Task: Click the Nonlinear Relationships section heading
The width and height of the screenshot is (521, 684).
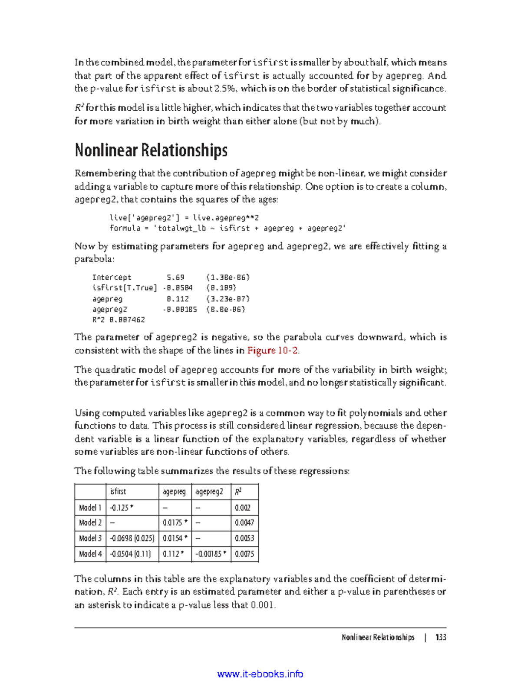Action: tap(151, 150)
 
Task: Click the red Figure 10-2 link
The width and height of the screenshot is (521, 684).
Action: tap(273, 350)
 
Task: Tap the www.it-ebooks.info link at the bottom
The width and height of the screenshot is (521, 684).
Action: tap(260, 674)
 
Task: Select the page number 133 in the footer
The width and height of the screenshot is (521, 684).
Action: tap(441, 637)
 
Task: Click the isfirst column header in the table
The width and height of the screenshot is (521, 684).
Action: tap(118, 492)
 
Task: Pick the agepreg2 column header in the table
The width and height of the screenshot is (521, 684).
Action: tap(209, 492)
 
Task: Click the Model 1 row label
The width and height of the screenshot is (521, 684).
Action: tap(90, 508)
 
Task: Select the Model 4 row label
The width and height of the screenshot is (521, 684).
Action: tap(90, 554)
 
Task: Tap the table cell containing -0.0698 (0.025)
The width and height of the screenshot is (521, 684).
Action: tap(132, 539)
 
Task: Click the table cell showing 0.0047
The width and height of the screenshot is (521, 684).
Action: tap(244, 523)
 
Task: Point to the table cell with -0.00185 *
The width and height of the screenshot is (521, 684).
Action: tap(211, 554)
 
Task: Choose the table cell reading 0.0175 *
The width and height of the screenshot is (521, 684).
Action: tap(175, 523)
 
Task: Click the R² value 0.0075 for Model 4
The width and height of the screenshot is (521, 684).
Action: tap(244, 554)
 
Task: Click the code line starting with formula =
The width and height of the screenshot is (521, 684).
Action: tap(228, 228)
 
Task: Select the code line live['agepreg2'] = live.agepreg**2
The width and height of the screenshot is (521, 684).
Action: tap(184, 218)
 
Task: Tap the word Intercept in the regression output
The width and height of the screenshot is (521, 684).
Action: tap(112, 278)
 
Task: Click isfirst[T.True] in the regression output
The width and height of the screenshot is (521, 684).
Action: tap(125, 288)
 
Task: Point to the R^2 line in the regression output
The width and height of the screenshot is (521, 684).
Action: tap(118, 320)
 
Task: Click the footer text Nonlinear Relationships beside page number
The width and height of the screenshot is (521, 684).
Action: tap(378, 637)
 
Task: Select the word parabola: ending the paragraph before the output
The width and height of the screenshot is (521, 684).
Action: tap(94, 259)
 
